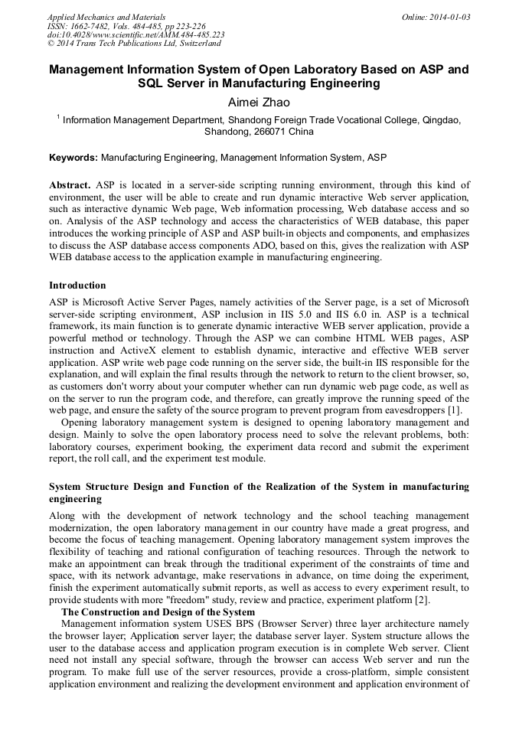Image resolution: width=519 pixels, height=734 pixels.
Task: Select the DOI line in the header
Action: pyautogui.click(x=135, y=34)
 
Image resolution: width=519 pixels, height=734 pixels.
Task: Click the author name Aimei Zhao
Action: pyautogui.click(x=259, y=102)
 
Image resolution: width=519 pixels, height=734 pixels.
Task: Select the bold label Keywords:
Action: pyautogui.click(x=73, y=158)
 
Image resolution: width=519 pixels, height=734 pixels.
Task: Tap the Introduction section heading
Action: pyautogui.click(x=77, y=285)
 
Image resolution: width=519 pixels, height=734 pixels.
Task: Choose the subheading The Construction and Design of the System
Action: pyautogui.click(x=158, y=612)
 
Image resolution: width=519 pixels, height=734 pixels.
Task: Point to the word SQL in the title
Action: pyautogui.click(x=153, y=83)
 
